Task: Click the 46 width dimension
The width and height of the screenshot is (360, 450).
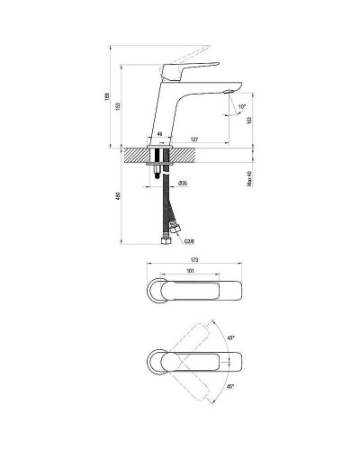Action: click(x=159, y=133)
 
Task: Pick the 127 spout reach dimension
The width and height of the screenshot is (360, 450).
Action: click(x=193, y=139)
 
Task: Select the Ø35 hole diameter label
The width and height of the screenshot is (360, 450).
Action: click(x=182, y=184)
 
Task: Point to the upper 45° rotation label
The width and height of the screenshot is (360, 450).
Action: click(x=230, y=338)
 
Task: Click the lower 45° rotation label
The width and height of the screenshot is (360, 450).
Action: click(x=230, y=386)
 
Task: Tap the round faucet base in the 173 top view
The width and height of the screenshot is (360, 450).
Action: click(x=157, y=291)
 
